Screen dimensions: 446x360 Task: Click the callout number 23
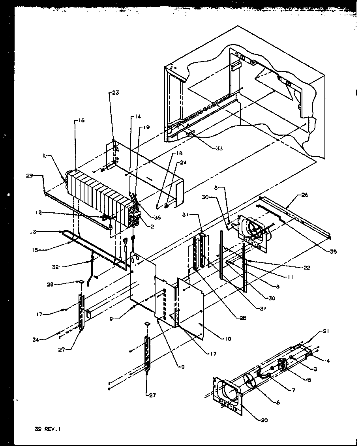tap(115, 93)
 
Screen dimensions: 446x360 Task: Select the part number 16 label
tap(81, 121)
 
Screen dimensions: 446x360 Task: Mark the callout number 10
tap(227, 339)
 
